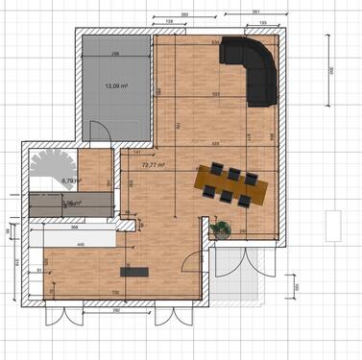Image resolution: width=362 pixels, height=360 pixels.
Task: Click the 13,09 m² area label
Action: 116,84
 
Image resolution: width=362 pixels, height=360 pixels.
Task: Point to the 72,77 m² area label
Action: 153,164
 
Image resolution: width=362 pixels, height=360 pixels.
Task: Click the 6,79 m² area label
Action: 71,180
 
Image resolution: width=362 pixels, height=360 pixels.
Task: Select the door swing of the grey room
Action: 98,132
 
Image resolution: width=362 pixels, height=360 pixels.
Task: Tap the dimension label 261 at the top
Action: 256,11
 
